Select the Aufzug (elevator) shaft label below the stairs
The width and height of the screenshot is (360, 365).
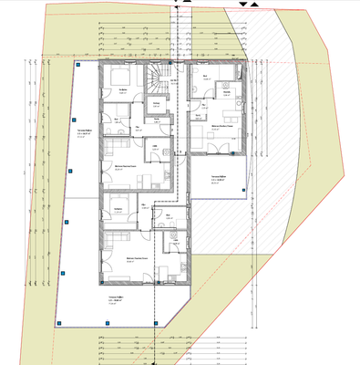156,104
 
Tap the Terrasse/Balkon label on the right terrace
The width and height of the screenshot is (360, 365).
218,179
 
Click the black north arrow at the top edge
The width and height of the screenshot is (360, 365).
242,5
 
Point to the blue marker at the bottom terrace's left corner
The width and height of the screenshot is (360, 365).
57,322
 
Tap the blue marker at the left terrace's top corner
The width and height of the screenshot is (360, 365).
79,67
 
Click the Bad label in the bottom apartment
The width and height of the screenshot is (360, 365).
169,215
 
